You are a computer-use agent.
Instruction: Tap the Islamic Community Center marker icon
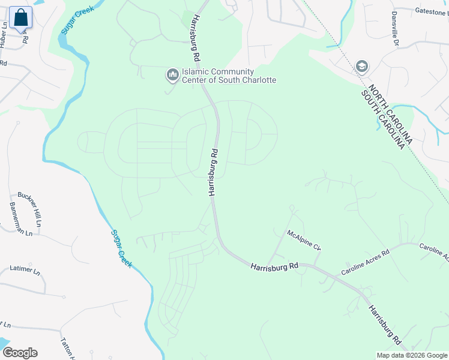pos(172,75)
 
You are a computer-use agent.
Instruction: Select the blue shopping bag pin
pos(20,19)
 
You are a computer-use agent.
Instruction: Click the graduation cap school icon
pos(361,66)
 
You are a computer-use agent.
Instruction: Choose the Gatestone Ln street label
pos(431,11)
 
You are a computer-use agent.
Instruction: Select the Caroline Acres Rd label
pos(365,262)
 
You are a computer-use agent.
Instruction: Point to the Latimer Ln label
pos(25,269)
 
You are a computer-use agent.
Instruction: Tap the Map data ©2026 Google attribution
pos(412,355)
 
